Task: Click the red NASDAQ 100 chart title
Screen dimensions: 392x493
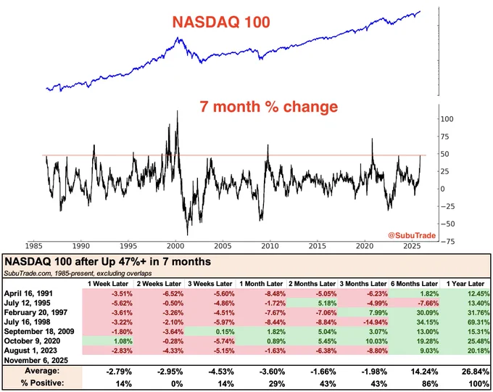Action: click(x=222, y=23)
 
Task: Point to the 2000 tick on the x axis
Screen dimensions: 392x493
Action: click(x=174, y=246)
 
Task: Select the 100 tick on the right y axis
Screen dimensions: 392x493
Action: click(x=447, y=118)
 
